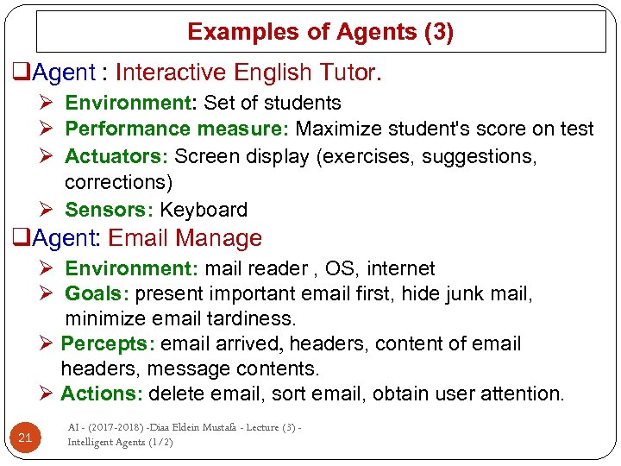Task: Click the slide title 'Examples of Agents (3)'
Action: click(x=320, y=33)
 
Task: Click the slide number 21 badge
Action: click(x=25, y=438)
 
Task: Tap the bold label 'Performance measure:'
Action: click(x=179, y=129)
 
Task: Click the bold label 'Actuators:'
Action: click(x=117, y=156)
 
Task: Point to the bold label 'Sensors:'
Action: click(x=110, y=210)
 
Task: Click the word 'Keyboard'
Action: click(x=204, y=210)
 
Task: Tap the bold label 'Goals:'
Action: click(x=97, y=294)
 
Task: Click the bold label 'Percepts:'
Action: click(x=107, y=343)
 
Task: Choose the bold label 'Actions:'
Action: click(x=101, y=394)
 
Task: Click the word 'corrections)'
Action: click(x=118, y=182)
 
